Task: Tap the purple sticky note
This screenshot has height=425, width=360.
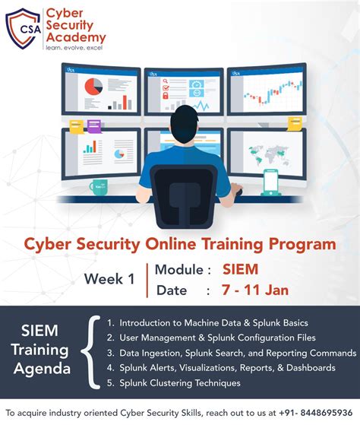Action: (94, 125)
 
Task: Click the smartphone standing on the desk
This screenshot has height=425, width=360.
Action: (271, 182)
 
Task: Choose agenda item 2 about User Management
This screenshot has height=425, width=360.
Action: (216, 337)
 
